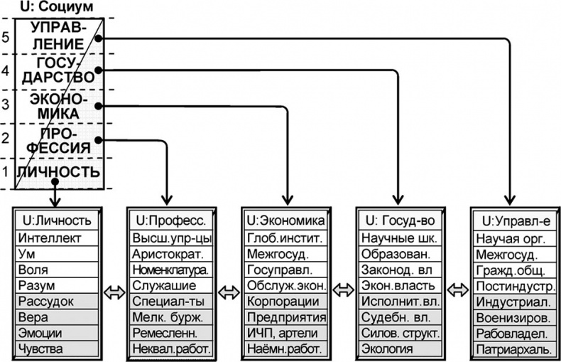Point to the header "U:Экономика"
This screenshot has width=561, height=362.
pos(287,220)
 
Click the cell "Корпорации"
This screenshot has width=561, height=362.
pos(287,301)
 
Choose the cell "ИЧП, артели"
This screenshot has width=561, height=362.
pos(287,332)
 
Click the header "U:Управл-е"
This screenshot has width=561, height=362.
pos(514,220)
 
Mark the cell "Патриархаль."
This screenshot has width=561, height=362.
pos(514,348)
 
